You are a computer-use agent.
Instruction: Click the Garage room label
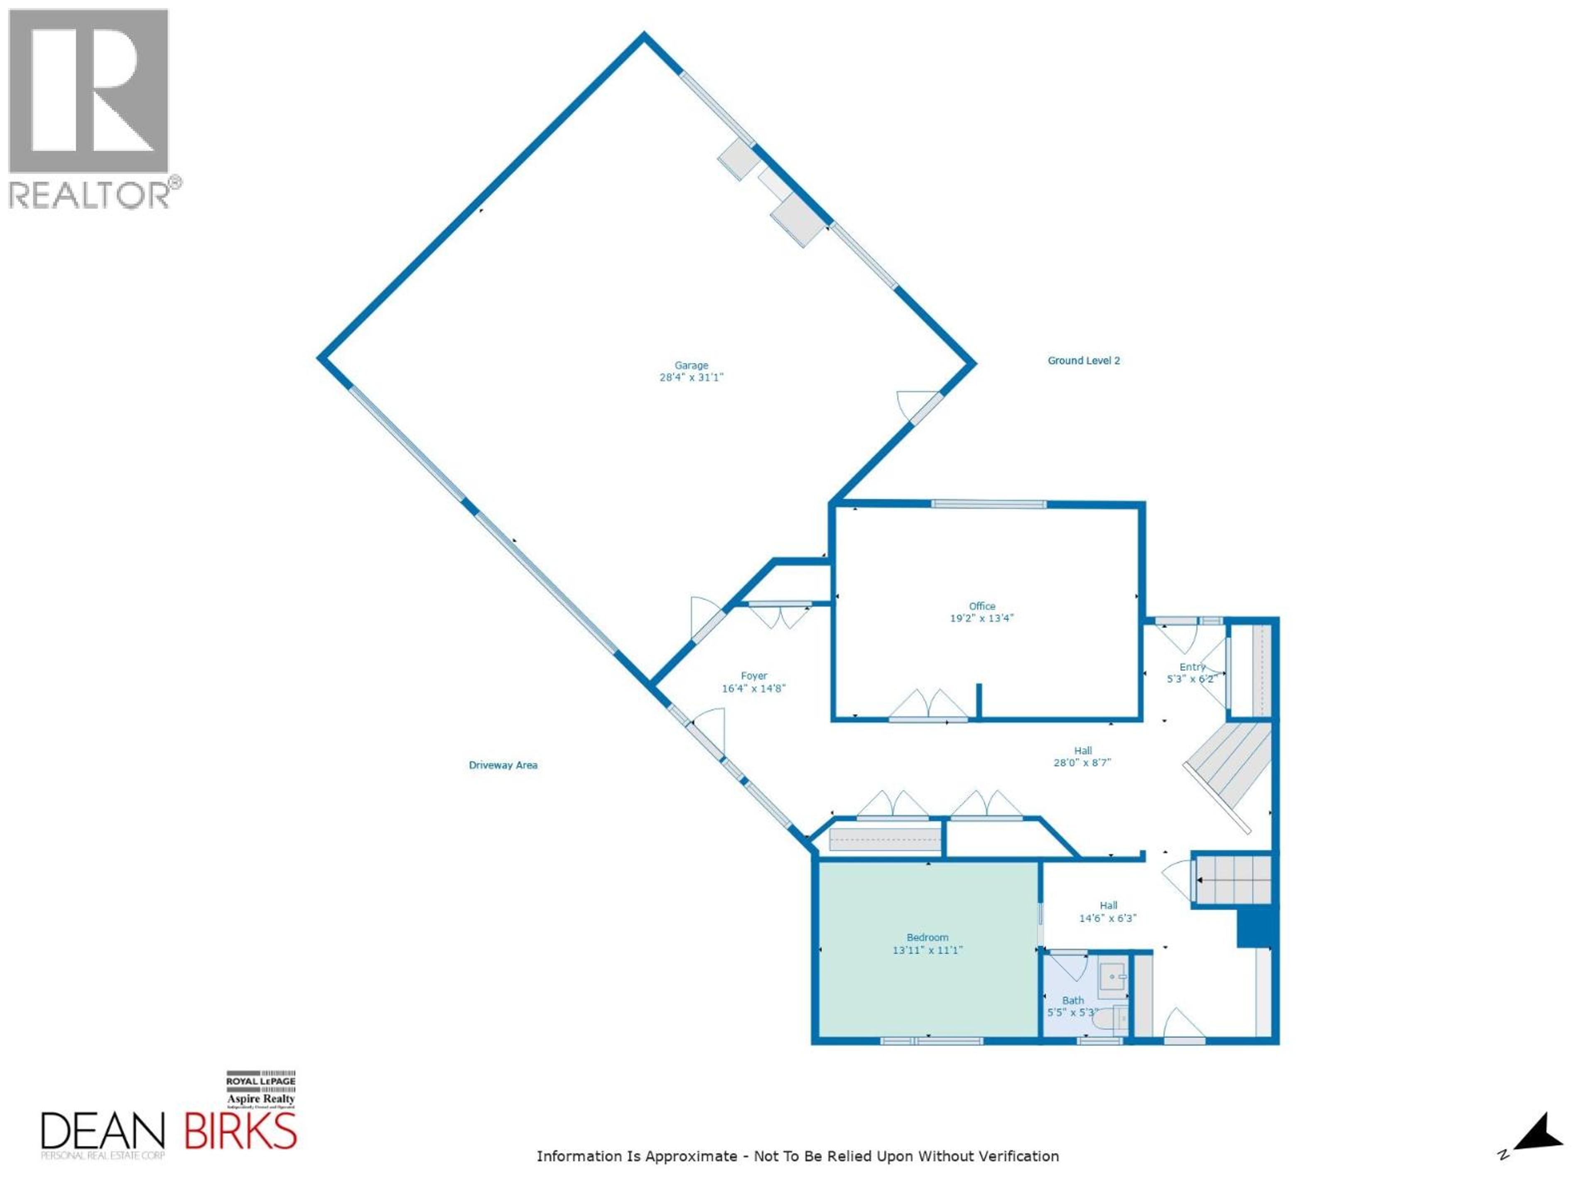pos(691,365)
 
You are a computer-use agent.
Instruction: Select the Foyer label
pos(753,676)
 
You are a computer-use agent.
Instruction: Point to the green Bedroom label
pos(927,937)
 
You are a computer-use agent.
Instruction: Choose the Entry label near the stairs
pos(1192,667)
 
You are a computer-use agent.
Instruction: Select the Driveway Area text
pos(503,765)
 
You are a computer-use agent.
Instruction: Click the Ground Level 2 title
pos(1083,360)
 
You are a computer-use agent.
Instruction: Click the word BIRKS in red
pos(240,1131)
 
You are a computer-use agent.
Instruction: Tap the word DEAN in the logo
pos(103,1131)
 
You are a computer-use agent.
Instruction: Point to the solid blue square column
pos(1255,928)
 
